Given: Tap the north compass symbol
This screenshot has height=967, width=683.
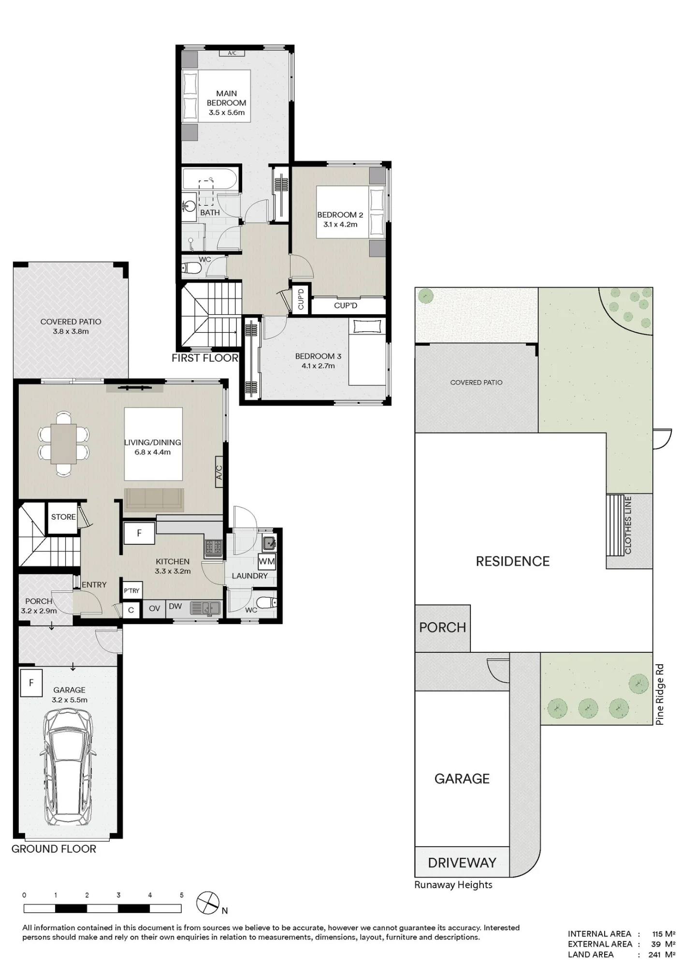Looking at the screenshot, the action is (x=209, y=902).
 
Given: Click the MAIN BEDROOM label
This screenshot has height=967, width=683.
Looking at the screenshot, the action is (x=226, y=98).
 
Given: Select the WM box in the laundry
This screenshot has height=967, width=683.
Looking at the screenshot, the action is (x=266, y=561).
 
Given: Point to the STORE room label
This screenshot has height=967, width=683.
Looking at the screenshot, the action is (x=63, y=517).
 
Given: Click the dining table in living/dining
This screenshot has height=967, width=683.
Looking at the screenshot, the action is (x=64, y=444).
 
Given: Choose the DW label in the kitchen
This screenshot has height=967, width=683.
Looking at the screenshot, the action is (x=175, y=606).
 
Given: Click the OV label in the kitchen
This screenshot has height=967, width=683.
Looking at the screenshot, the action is (x=154, y=608).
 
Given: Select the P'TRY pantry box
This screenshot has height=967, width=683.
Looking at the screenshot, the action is (x=131, y=590).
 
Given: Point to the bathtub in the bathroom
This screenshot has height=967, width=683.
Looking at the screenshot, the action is (x=210, y=179).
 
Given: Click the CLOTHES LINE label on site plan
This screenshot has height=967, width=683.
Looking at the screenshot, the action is (x=628, y=525).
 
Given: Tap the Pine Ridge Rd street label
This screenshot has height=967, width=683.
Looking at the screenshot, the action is (x=660, y=694).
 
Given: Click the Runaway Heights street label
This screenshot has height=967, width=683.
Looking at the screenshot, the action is (x=453, y=885).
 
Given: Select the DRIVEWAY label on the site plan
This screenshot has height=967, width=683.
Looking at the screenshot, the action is (x=462, y=863).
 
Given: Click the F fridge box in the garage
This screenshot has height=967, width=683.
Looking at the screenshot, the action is (x=31, y=683).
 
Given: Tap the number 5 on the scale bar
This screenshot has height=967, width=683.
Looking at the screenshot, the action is (x=182, y=895).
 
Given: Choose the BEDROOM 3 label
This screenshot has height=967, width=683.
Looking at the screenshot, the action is (x=318, y=356).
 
